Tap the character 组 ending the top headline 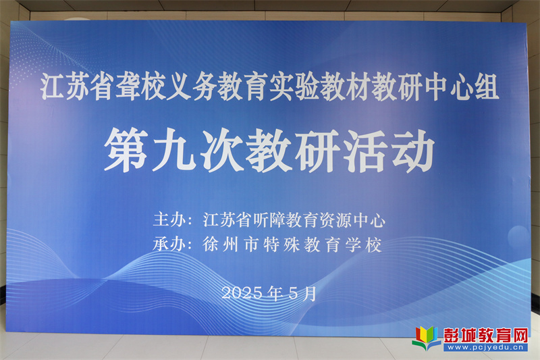[487, 86]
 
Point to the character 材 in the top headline [358, 86]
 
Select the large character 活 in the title [366, 150]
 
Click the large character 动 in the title [413, 150]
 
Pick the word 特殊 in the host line [281, 245]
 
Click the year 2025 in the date [242, 293]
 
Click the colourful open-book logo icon [427, 338]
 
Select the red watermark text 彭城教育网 [485, 334]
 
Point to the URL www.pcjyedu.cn [485, 347]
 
